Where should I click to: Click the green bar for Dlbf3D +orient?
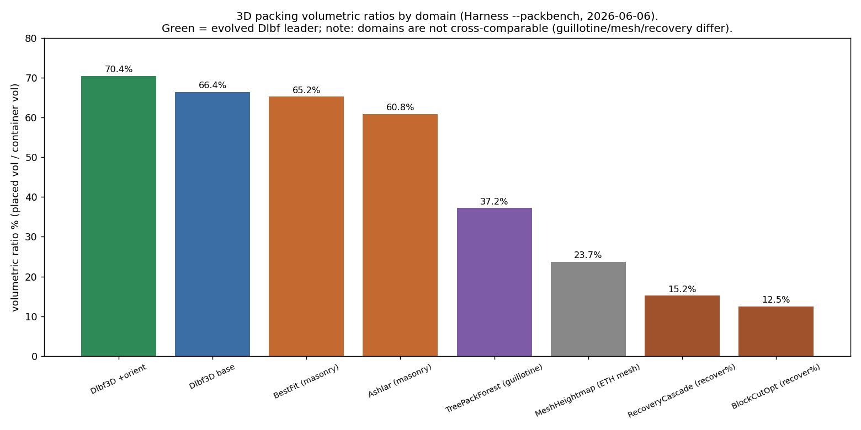click(x=118, y=216)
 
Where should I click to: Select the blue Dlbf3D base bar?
click(x=212, y=224)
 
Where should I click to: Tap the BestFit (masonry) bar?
click(x=306, y=227)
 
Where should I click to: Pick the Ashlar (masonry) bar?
click(x=400, y=235)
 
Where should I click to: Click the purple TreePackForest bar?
click(x=495, y=282)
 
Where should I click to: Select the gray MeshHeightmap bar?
click(x=588, y=309)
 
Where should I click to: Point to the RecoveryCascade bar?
click(x=682, y=326)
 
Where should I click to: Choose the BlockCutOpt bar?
click(x=775, y=331)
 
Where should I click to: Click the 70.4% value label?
click(x=118, y=69)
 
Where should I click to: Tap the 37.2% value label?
click(x=494, y=201)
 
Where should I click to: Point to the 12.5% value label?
click(x=775, y=299)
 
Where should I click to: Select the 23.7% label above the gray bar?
click(x=588, y=255)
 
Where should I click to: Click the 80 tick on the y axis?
click(x=31, y=39)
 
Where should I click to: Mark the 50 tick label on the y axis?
click(x=31, y=158)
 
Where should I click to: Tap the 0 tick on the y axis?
click(x=35, y=357)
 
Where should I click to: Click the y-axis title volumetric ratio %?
click(x=15, y=197)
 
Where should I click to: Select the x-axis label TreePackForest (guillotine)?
click(x=493, y=388)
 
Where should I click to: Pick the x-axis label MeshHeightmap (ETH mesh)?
click(x=587, y=390)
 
